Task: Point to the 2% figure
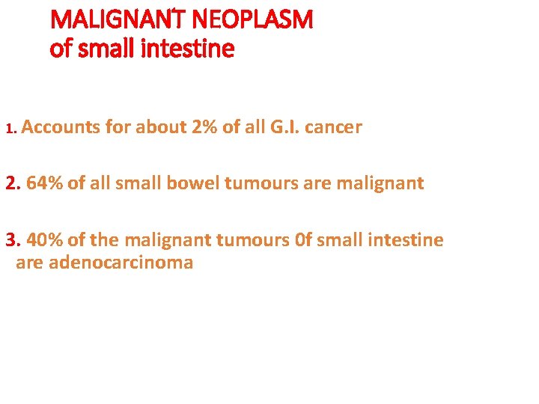pyautogui.click(x=204, y=127)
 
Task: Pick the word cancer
pyautogui.click(x=333, y=127)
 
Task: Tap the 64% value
pyautogui.click(x=45, y=183)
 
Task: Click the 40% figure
pyautogui.click(x=45, y=240)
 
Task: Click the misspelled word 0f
pyautogui.click(x=302, y=240)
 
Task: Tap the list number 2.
pyautogui.click(x=13, y=183)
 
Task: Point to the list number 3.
pyautogui.click(x=13, y=240)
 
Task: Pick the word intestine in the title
pyautogui.click(x=193, y=49)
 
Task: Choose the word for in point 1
pyautogui.click(x=118, y=127)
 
